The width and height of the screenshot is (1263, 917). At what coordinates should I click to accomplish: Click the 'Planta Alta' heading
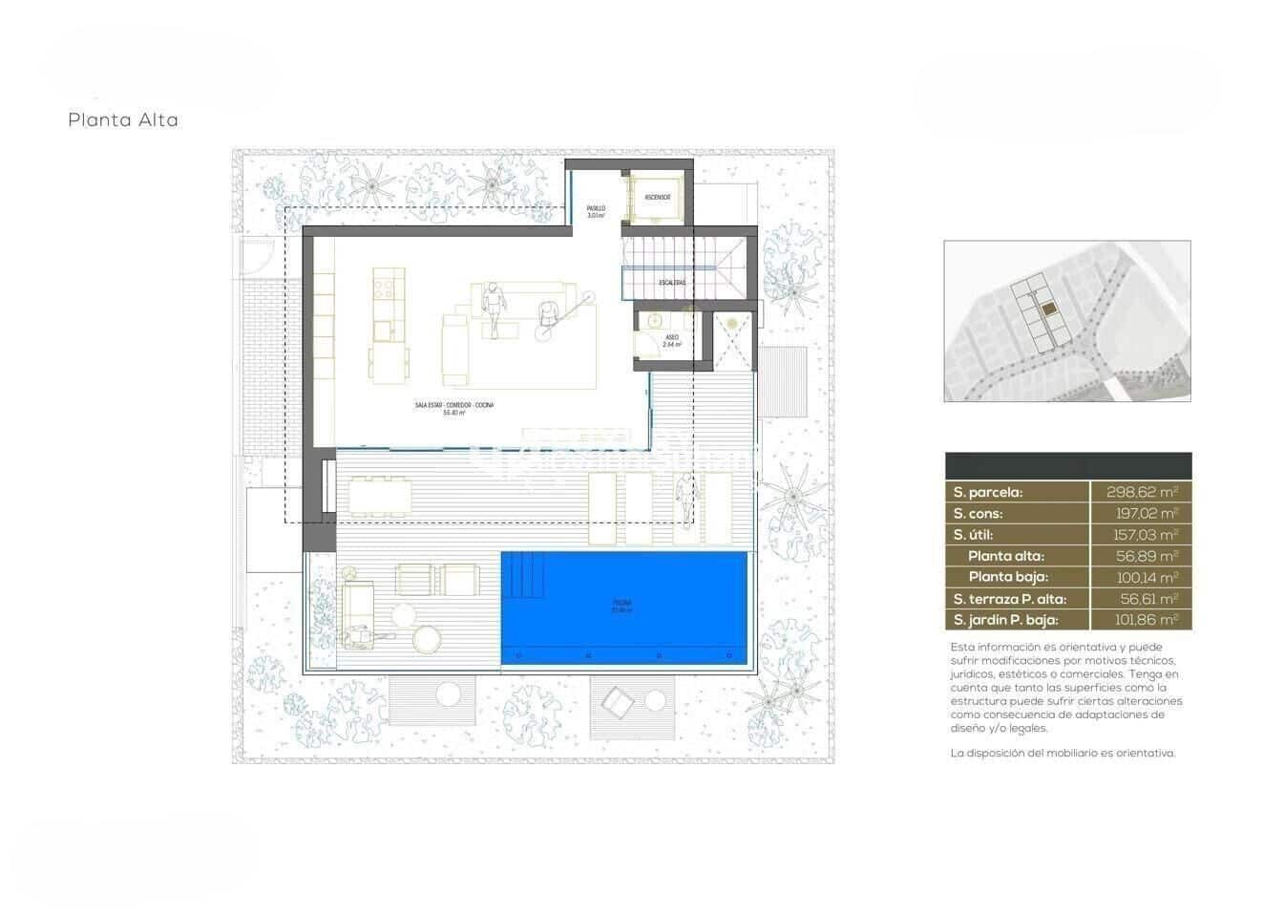pos(123,120)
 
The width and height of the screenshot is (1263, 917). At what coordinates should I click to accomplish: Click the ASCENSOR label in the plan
pos(657,198)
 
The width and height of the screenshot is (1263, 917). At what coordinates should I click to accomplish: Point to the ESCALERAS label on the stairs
pos(672,283)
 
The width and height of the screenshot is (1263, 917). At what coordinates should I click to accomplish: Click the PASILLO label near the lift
pos(596,211)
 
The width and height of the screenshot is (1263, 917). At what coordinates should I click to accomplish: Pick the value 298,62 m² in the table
pos(1142,493)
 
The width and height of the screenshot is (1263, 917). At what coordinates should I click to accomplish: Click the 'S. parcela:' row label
pos(987,493)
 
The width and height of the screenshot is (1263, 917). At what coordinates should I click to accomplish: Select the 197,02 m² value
pos(1146,514)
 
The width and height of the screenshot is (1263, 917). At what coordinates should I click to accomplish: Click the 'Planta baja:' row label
pos(1008,577)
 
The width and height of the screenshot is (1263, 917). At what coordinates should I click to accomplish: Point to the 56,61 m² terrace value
pos(1149,599)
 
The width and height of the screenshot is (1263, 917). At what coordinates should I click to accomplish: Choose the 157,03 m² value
pos(1146,535)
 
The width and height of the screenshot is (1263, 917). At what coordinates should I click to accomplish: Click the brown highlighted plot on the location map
pos(1048,309)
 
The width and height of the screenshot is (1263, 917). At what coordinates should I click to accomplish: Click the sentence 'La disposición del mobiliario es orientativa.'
pos(1063,753)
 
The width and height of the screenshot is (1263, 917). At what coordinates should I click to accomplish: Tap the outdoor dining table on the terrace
pos(381,496)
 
